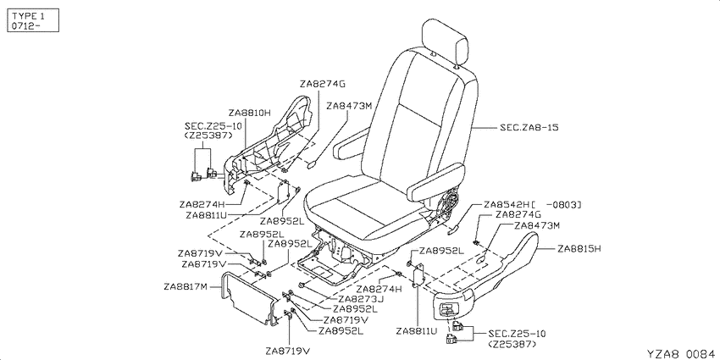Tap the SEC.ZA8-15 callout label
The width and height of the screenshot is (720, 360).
coord(529,127)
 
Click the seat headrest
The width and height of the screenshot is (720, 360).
coord(445,42)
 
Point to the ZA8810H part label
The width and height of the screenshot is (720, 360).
coord(249,113)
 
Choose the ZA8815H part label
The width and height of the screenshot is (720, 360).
coord(579,249)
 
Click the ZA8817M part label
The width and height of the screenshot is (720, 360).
coord(186,287)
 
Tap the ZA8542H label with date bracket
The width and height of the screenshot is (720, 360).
coord(532,204)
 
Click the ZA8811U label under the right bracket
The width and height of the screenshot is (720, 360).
coord(418,330)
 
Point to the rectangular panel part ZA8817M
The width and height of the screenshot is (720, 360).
coord(248,298)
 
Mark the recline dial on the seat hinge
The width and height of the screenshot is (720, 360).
coord(452,203)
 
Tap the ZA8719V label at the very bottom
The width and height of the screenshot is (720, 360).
coord(287,351)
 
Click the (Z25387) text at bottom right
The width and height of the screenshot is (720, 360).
coord(512,344)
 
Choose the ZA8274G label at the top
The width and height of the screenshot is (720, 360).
coord(323,84)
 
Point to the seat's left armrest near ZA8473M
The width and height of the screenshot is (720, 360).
coord(352,142)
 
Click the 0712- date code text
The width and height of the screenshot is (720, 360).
coord(26,25)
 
